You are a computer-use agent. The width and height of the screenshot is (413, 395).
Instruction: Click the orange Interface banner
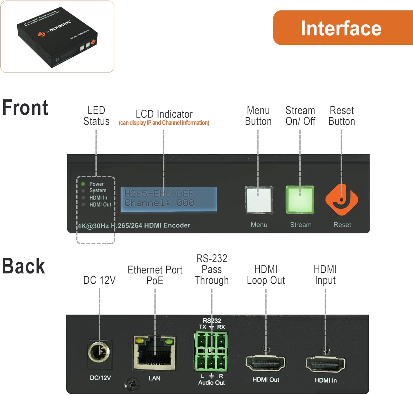click(x=341, y=28)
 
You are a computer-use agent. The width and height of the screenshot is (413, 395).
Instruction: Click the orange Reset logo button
click(x=342, y=200)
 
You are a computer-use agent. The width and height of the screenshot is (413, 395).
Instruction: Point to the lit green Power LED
click(x=83, y=184)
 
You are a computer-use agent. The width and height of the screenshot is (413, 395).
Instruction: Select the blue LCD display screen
click(x=169, y=199)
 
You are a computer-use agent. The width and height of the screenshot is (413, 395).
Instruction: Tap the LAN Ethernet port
click(x=154, y=353)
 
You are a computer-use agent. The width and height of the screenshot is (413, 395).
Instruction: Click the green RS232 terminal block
click(x=211, y=351)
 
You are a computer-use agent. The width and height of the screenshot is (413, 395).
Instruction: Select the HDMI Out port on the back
click(x=265, y=364)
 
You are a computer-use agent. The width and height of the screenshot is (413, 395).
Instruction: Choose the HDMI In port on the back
click(x=325, y=364)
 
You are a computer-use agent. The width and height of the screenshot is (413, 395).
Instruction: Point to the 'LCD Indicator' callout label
click(x=164, y=114)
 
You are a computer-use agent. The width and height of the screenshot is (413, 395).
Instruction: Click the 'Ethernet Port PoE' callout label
click(x=155, y=275)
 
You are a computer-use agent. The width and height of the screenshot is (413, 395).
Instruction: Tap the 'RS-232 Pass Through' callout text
click(x=211, y=269)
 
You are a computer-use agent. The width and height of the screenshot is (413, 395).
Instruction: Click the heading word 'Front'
click(x=25, y=108)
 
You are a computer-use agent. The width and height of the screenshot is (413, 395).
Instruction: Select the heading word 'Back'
click(x=23, y=266)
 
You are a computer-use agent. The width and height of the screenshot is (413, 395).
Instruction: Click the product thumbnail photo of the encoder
click(x=57, y=37)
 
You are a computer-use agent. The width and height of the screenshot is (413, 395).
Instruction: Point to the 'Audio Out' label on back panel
click(x=211, y=383)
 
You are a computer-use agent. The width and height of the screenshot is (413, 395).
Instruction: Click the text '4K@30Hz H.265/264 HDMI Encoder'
click(x=134, y=225)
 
